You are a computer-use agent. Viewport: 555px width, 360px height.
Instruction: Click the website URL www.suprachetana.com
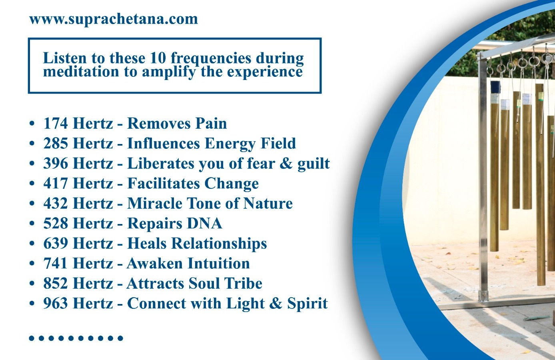pos(114,19)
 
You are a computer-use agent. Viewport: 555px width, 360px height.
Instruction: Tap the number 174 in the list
pos(56,123)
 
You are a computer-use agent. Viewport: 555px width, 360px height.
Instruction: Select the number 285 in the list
pos(56,143)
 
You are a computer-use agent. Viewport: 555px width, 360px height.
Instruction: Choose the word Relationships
pos(219,244)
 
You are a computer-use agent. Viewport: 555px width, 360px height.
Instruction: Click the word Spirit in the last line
pos(307,304)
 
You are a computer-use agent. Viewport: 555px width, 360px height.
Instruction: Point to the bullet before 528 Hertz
pos(32,223)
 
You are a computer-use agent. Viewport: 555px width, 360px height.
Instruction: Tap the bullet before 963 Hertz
pos(32,303)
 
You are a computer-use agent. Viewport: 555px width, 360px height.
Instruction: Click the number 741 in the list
pos(56,263)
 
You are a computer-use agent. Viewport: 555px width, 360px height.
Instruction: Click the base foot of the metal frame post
pos(483,296)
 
